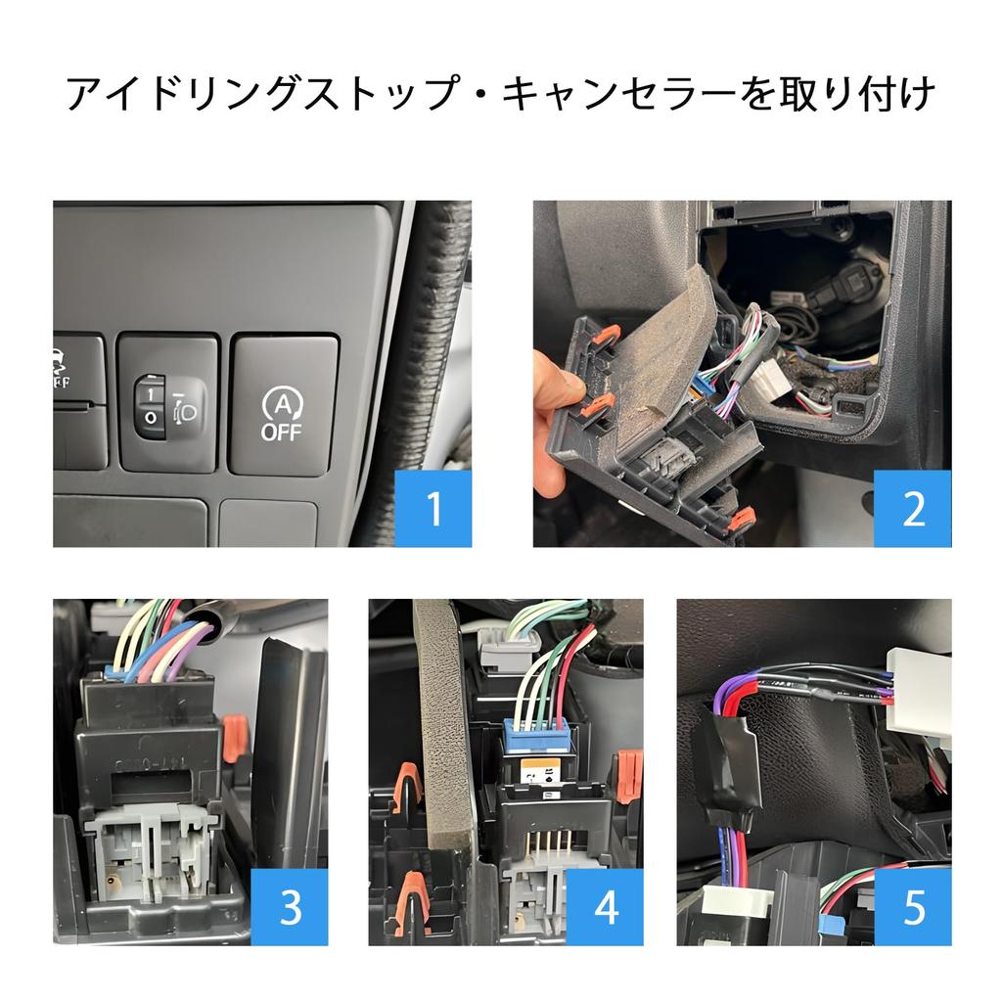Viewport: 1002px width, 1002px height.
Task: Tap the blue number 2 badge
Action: pyautogui.click(x=913, y=509)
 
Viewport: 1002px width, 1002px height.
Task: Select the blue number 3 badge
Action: pyautogui.click(x=290, y=907)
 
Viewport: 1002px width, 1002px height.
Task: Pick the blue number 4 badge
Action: pyautogui.click(x=606, y=907)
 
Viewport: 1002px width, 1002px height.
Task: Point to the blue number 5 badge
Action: pyautogui.click(x=913, y=907)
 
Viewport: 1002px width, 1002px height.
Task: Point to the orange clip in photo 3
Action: pyautogui.click(x=232, y=738)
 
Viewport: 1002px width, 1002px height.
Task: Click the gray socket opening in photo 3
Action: pyautogui.click(x=147, y=851)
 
